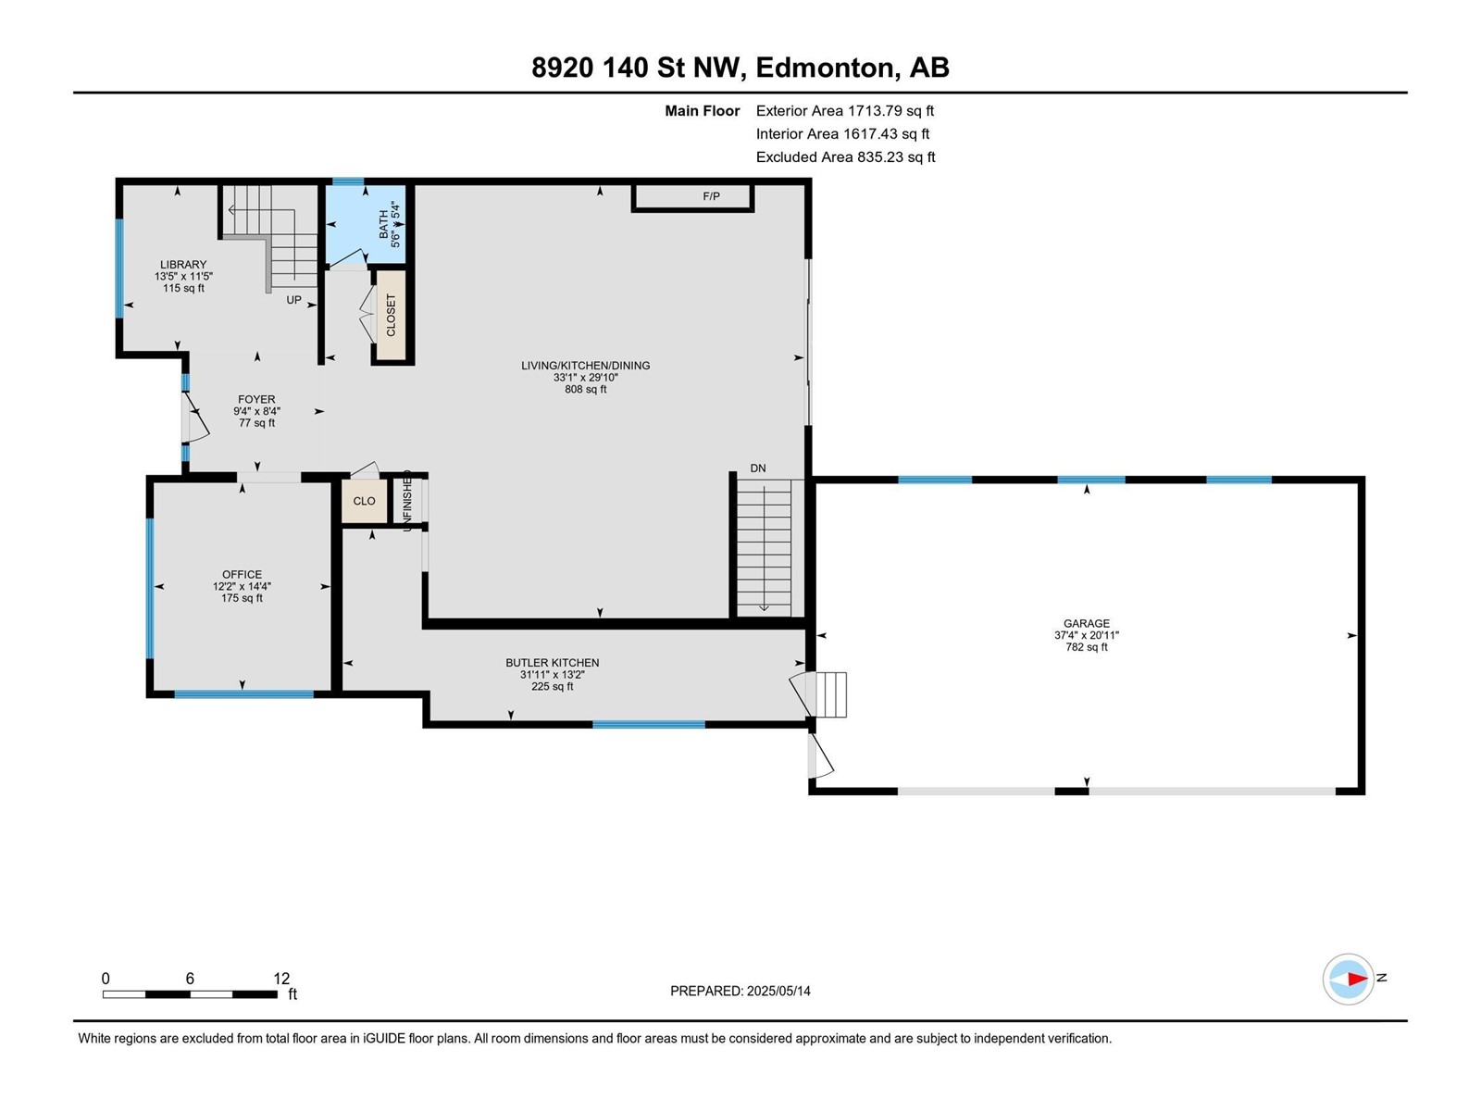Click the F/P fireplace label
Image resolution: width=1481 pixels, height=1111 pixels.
[711, 196]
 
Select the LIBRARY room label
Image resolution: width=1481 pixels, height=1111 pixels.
[182, 265]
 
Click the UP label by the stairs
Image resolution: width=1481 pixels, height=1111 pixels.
[293, 300]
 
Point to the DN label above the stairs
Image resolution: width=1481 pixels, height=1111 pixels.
[757, 468]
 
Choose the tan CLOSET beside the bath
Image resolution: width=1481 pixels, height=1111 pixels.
[391, 315]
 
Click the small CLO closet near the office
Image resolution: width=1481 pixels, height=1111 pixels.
[364, 501]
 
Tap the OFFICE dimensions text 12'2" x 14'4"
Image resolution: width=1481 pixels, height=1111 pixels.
[242, 586]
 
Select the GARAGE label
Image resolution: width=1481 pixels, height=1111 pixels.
[1086, 624]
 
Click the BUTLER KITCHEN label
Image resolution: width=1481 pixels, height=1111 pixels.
[552, 663]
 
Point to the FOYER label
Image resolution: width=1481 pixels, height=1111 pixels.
[256, 400]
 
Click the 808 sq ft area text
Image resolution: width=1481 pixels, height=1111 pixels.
[585, 390]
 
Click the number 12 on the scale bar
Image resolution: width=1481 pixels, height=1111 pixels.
[281, 979]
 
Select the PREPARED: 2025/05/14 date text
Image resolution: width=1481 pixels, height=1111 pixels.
[740, 991]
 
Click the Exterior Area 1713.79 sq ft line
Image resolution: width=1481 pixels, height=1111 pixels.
[844, 111]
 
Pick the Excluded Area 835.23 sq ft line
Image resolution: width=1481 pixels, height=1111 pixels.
[845, 157]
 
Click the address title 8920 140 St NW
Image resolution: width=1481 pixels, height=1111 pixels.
[740, 68]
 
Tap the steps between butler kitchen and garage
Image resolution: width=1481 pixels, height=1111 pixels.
[829, 694]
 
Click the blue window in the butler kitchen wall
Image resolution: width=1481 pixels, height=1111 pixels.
[648, 724]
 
